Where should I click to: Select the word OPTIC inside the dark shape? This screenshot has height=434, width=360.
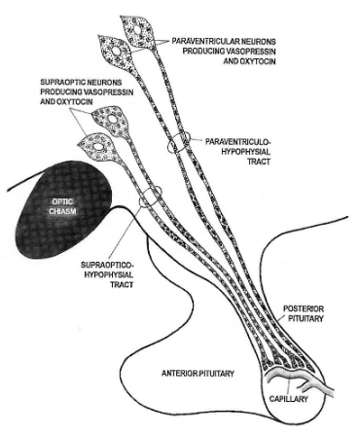pyautogui.click(x=59, y=202)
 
